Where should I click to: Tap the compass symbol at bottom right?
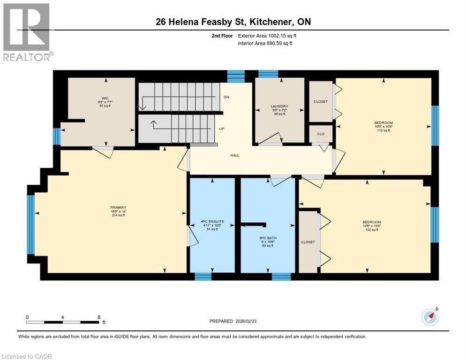point(430,317)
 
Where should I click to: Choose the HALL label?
point(235,155)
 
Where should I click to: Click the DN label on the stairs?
point(226,97)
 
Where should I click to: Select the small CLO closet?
point(321,134)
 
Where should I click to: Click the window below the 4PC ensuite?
point(203,277)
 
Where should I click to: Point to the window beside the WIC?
point(57,136)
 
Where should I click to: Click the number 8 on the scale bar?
point(98,317)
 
